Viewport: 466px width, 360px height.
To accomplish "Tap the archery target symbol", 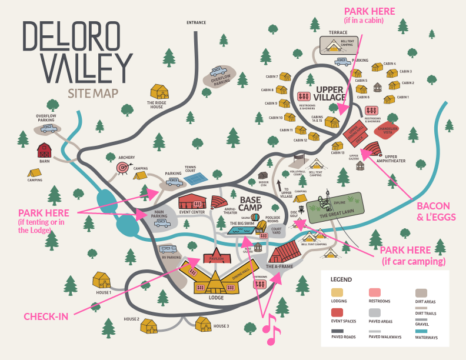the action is pos(122,168).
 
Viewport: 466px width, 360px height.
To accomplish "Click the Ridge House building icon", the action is pos(160,92).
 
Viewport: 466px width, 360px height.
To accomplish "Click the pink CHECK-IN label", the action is pos(46,316).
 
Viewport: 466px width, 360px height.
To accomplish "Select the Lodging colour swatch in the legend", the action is pos(337,292).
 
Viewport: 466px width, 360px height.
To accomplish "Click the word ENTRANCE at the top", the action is pos(197,22).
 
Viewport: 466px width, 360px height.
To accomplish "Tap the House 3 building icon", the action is pos(204,323).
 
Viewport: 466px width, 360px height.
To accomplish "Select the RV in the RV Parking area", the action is pos(169,249).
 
